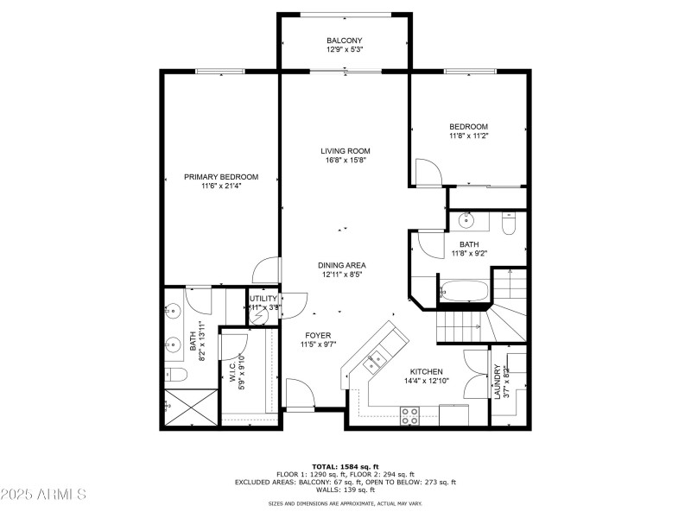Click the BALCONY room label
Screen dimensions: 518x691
(344, 41)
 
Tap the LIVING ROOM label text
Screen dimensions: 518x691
(345, 151)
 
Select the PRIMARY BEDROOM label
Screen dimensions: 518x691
(221, 177)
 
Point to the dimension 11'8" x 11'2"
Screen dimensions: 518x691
(468, 136)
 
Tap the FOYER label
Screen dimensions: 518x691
(317, 335)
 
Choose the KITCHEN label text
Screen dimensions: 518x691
(426, 371)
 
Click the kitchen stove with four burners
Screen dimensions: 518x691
(409, 416)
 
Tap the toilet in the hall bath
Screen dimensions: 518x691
(509, 224)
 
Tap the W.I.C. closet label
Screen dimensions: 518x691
(234, 371)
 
